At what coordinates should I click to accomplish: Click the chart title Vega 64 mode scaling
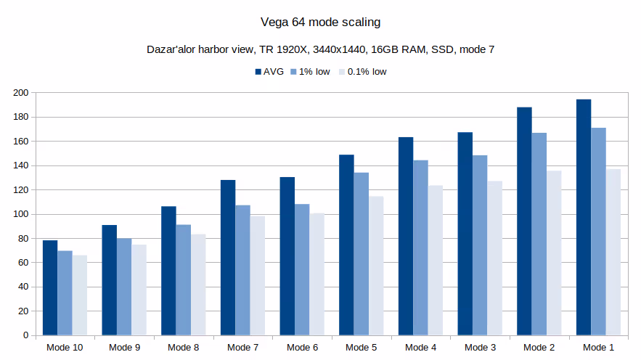point(320,22)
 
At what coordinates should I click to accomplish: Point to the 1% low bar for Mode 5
point(361,254)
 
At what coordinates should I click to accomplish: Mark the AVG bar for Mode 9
point(110,280)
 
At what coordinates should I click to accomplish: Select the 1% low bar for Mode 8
point(183,280)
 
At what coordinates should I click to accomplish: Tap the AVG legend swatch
point(258,72)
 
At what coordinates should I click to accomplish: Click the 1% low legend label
point(311,72)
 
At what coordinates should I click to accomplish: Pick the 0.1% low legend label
point(367,72)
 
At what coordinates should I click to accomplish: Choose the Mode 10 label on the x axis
point(65,348)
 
